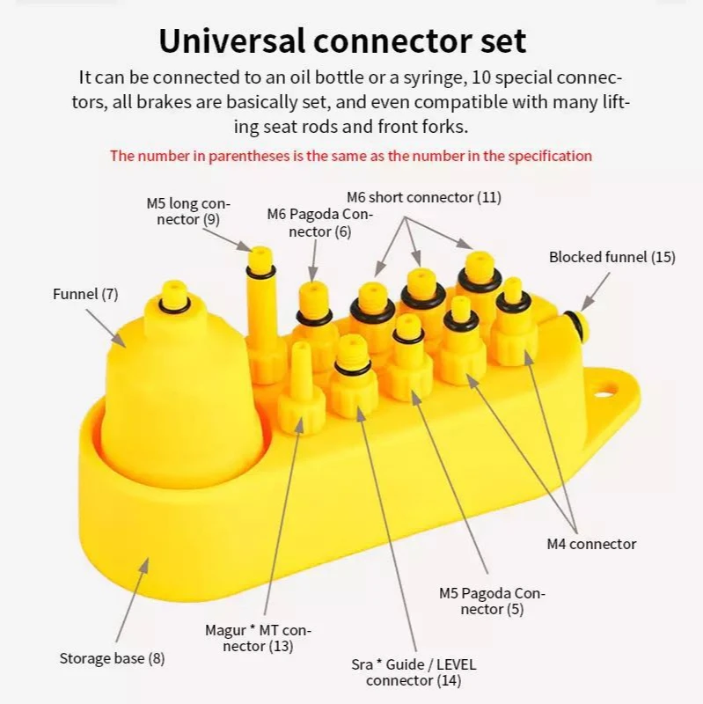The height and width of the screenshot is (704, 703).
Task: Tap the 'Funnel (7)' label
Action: point(85,293)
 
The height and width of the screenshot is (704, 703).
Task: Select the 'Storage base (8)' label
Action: point(112,658)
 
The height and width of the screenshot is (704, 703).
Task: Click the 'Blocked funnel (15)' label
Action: point(611,257)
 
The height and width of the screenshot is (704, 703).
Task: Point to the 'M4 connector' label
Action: point(590,544)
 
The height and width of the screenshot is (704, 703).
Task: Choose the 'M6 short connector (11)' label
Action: point(423,197)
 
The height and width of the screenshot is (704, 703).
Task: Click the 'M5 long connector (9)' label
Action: point(188,211)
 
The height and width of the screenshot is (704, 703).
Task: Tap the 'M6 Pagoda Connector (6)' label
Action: point(320,223)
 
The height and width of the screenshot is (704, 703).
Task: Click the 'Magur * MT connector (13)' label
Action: point(258,638)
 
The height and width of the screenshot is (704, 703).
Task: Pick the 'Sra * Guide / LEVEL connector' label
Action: point(413,672)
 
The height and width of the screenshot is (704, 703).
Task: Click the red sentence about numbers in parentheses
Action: point(351,156)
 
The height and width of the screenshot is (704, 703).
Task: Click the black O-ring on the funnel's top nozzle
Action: point(174,304)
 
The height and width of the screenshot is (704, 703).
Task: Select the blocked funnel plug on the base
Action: point(575,324)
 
